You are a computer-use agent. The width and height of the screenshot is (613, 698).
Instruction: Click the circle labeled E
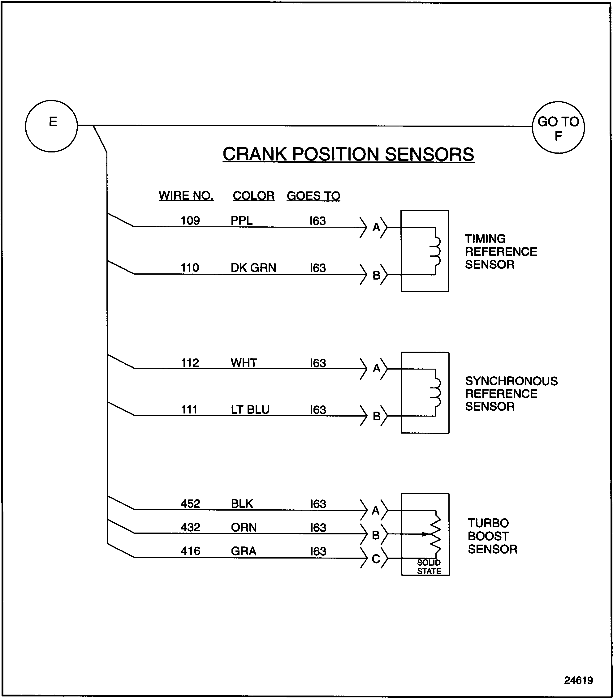[x=51, y=126]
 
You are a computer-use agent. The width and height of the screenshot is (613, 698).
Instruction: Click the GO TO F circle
[x=558, y=127]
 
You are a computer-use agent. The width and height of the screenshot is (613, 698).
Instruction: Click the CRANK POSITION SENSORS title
[x=348, y=154]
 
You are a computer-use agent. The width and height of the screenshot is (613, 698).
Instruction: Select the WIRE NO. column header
[x=186, y=196]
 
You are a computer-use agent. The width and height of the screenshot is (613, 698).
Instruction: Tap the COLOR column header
[x=253, y=196]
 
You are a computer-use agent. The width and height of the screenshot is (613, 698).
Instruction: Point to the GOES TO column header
[x=313, y=196]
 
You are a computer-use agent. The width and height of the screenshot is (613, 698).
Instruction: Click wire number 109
[x=190, y=221]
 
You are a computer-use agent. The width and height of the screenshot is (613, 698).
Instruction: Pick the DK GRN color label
[x=253, y=268]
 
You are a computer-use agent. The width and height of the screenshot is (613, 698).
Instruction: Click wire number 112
[x=190, y=363]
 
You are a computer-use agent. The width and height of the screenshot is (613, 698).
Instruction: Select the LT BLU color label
[x=250, y=409]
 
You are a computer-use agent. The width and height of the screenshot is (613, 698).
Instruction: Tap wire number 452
[x=190, y=504]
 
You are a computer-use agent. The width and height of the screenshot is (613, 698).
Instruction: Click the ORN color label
[x=244, y=527]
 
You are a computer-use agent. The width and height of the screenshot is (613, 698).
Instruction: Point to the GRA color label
[x=243, y=551]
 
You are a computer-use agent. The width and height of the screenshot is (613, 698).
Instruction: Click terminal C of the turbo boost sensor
[x=376, y=559]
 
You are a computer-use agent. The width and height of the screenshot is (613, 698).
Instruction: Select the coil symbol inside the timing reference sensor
[x=435, y=251]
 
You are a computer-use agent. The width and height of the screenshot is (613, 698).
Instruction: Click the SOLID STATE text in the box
[x=429, y=567]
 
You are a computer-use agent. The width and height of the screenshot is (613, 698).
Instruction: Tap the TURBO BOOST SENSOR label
[x=492, y=536]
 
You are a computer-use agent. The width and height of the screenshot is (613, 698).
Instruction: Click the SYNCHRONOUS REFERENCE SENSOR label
[x=511, y=393]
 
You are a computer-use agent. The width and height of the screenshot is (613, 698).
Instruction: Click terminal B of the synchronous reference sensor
[x=376, y=416]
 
